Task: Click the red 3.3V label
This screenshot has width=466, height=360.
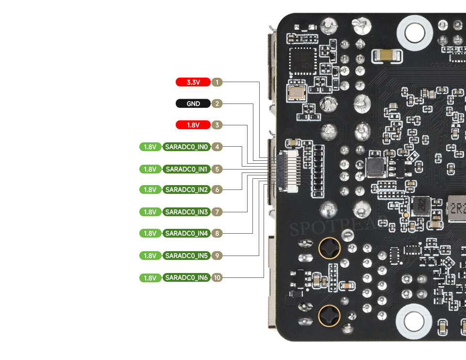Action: point(193,82)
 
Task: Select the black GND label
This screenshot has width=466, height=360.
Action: point(193,103)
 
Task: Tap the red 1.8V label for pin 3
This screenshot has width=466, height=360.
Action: point(193,125)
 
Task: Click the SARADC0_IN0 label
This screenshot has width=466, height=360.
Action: point(186,147)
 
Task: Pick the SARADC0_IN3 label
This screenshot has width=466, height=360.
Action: point(186,212)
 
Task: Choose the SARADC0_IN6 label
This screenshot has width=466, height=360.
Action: point(186,277)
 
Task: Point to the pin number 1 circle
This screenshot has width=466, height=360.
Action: point(217,82)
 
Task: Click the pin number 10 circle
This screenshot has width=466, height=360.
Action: point(217,277)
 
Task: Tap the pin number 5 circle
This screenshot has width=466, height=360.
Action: point(217,169)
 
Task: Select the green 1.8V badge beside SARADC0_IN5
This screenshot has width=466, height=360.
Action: point(150,256)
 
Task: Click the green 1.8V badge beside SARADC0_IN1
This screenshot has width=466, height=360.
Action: point(150,169)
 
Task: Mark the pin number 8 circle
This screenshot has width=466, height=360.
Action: point(217,233)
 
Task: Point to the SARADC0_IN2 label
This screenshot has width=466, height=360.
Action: point(186,189)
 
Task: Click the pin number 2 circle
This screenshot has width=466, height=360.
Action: point(217,103)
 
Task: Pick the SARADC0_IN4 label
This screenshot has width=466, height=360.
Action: point(186,233)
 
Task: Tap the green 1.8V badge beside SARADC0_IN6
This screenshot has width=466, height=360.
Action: point(150,277)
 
